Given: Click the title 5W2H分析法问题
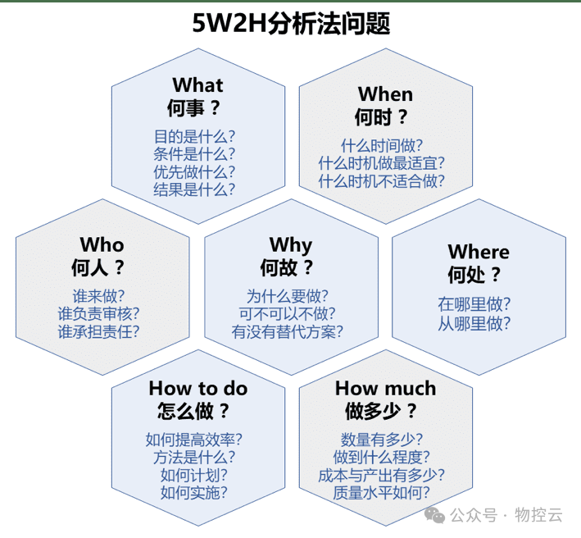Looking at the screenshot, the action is pos(290,22).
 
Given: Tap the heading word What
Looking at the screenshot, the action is pos(197,85).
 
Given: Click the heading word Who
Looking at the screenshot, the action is pos(102,244).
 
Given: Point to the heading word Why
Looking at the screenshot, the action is pos(290,244).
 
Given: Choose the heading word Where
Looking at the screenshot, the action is pos(478,252).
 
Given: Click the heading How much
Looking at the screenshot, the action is pos(385,388).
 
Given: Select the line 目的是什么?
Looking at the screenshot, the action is pos(194,136).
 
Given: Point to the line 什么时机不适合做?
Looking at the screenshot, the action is pos(382,181).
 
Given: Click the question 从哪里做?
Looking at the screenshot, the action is pos(474,323).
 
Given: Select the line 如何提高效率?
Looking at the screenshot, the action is pos(194,439).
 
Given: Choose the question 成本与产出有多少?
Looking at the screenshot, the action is pos(382,475).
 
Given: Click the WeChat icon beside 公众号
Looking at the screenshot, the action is pos(434,514).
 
